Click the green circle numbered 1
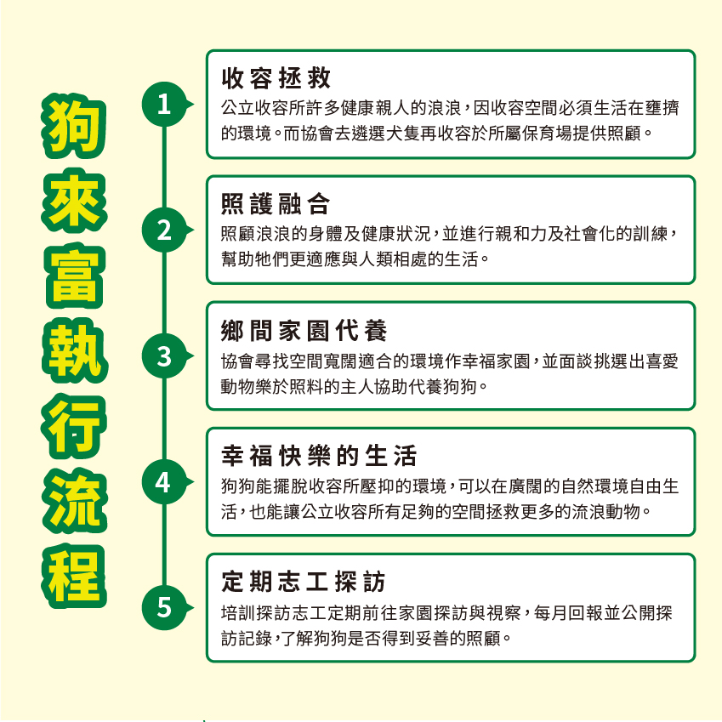click(164, 104)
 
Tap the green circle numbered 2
click(164, 230)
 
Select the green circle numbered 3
click(164, 356)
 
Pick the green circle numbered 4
click(164, 481)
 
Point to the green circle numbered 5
click(164, 608)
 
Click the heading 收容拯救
click(276, 78)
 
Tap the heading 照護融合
click(276, 204)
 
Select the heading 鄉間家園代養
click(304, 330)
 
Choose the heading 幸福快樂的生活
click(319, 456)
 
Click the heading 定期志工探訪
click(304, 582)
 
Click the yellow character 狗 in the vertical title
click(74, 125)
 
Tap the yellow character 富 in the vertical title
click(74, 276)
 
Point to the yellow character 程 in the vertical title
click(74, 576)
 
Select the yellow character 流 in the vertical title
click(74, 501)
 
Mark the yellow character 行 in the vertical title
click(74, 426)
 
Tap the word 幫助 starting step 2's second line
click(237, 259)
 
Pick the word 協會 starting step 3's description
click(237, 361)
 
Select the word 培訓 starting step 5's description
click(237, 613)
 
